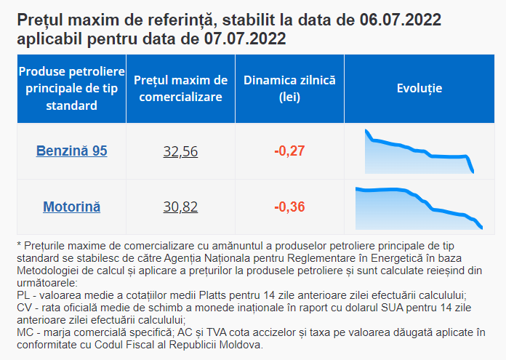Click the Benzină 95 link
click(72, 151)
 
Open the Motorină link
click(72, 207)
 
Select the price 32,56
click(180, 151)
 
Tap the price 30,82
click(180, 207)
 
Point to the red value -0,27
click(289, 151)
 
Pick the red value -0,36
click(289, 207)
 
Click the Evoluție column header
click(419, 88)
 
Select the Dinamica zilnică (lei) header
click(289, 89)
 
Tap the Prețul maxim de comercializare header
click(181, 89)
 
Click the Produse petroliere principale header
click(72, 88)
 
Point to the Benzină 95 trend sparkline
click(419, 151)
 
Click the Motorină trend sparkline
click(419, 208)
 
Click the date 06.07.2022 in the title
click(400, 20)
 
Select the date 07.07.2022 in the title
click(245, 39)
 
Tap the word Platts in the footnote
click(214, 295)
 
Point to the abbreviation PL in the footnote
click(23, 295)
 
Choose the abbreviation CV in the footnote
click(24, 308)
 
